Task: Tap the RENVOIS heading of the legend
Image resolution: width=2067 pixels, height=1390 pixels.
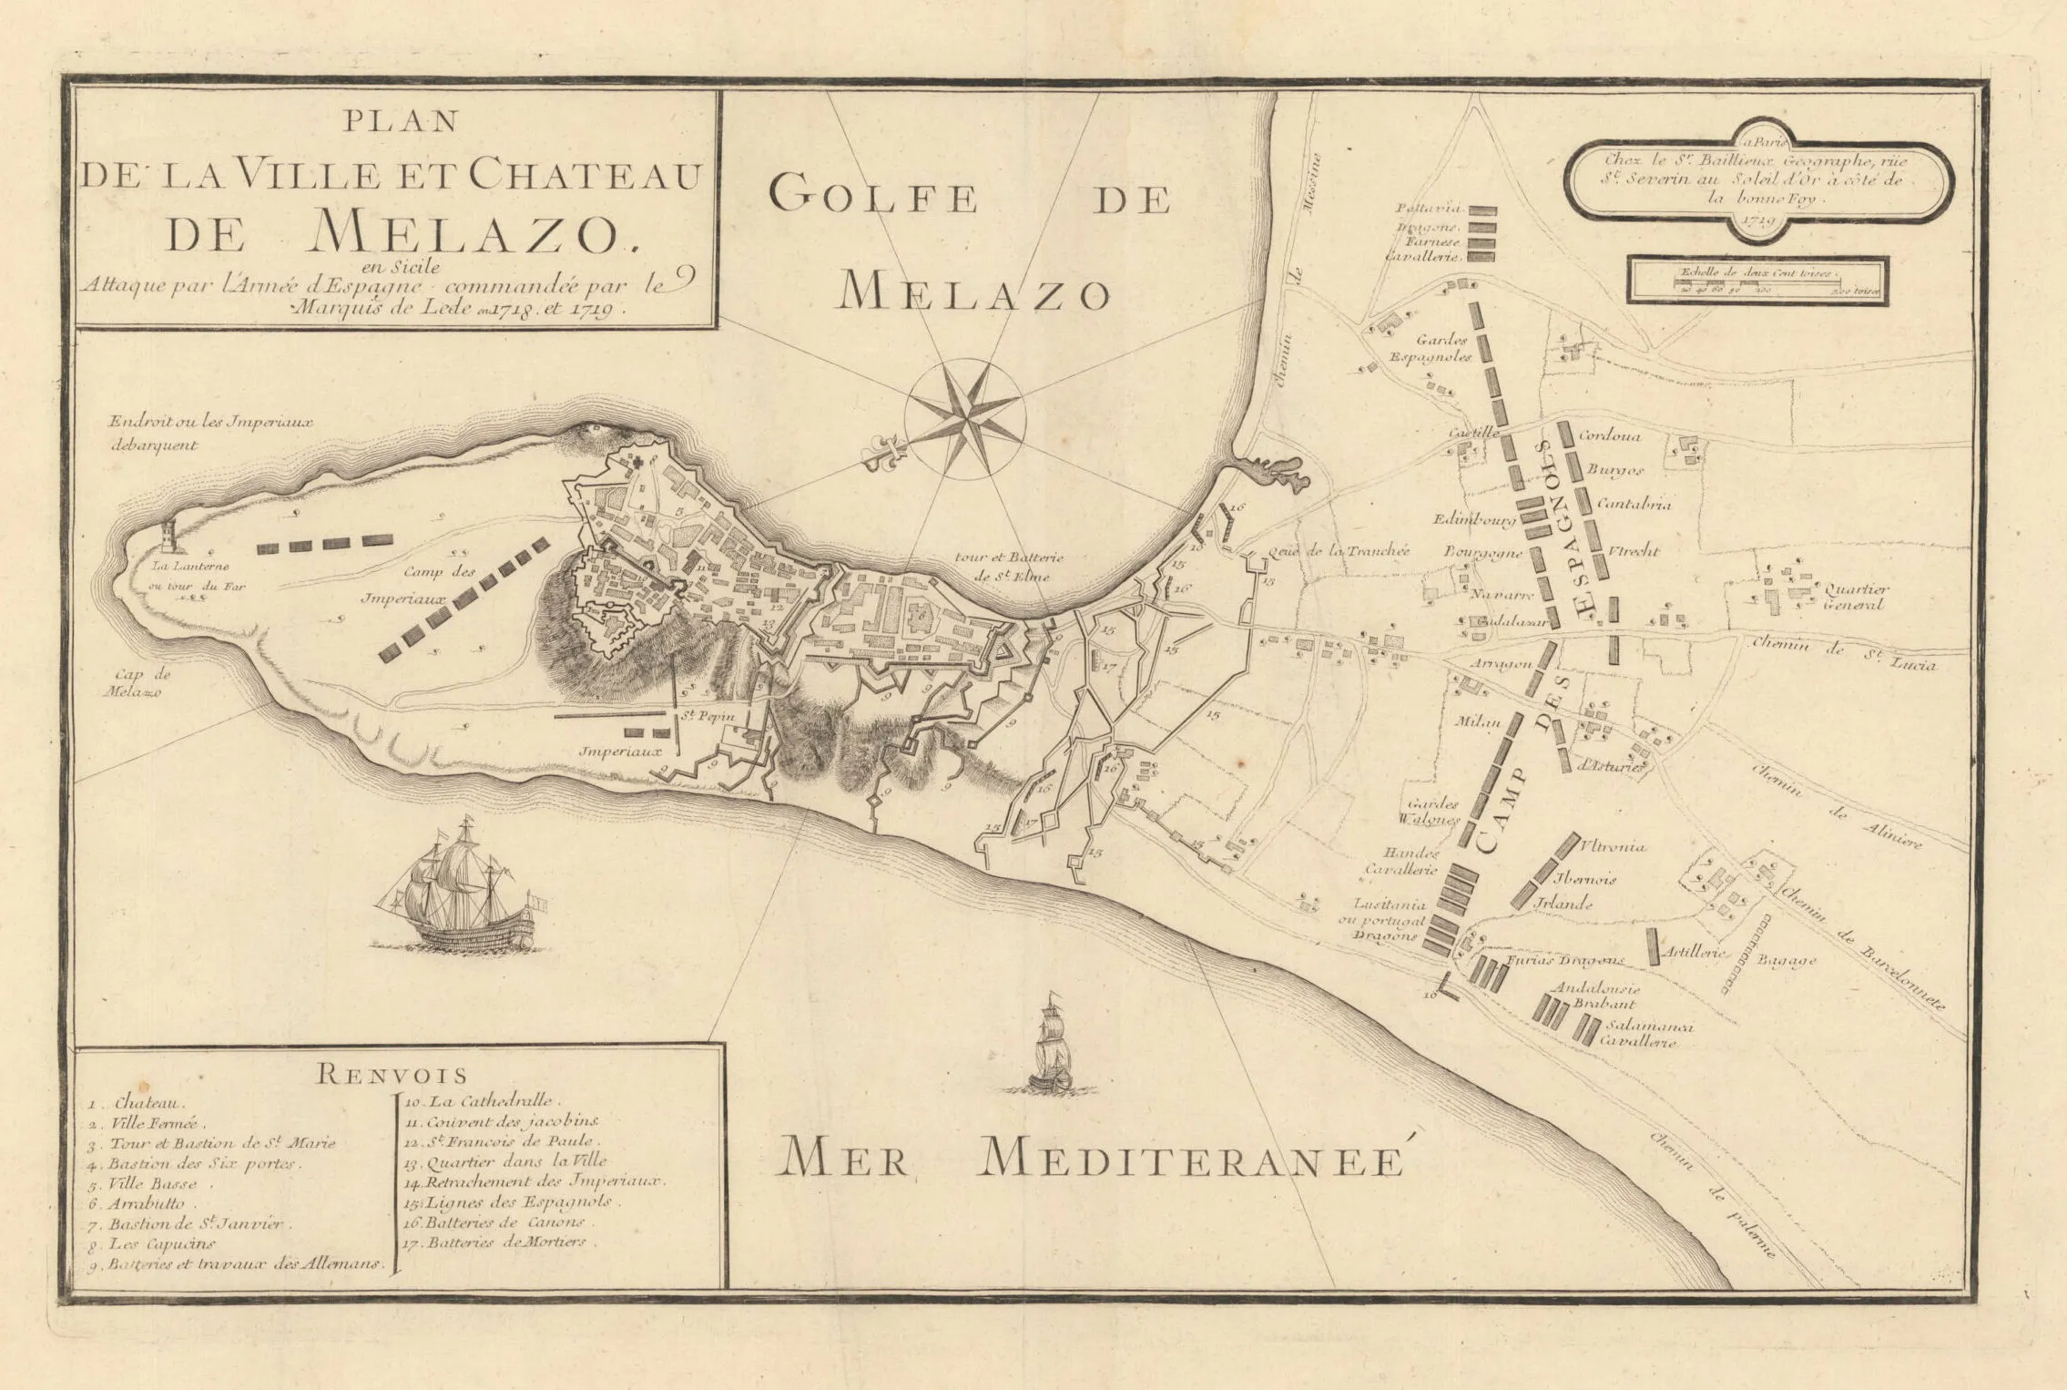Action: click(x=392, y=1074)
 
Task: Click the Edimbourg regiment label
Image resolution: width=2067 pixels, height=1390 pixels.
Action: click(x=1473, y=521)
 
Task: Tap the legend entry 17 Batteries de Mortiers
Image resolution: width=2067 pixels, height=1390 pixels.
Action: click(x=501, y=1242)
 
